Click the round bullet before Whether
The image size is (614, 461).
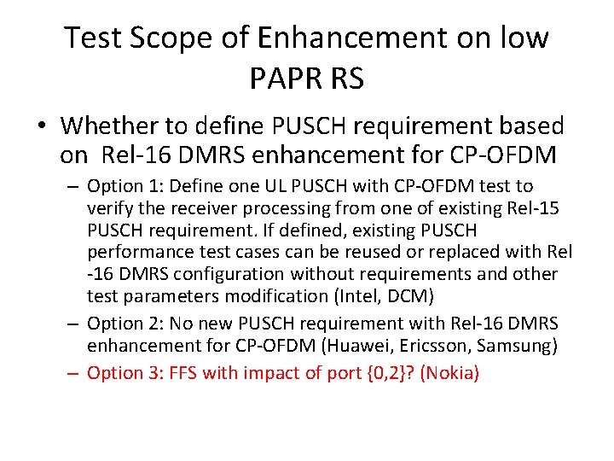41,127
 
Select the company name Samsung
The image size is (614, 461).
530,345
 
